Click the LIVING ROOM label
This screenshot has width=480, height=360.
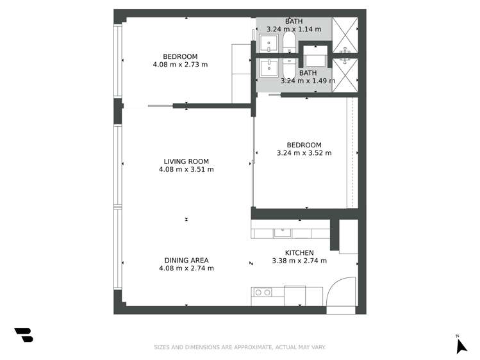(186, 161)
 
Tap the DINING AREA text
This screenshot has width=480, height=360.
(186, 260)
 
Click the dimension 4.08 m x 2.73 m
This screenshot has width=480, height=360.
(180, 65)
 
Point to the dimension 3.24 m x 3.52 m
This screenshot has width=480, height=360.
(304, 153)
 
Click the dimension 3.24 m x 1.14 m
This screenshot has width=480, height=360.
(294, 29)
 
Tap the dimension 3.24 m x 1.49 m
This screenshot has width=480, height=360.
(308, 81)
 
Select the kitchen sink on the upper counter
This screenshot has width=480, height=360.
(283, 233)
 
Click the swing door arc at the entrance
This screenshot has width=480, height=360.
(341, 292)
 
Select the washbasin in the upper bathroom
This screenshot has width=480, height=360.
(269, 44)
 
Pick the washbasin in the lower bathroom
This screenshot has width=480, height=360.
(269, 66)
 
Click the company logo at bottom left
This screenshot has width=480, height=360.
(24, 335)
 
